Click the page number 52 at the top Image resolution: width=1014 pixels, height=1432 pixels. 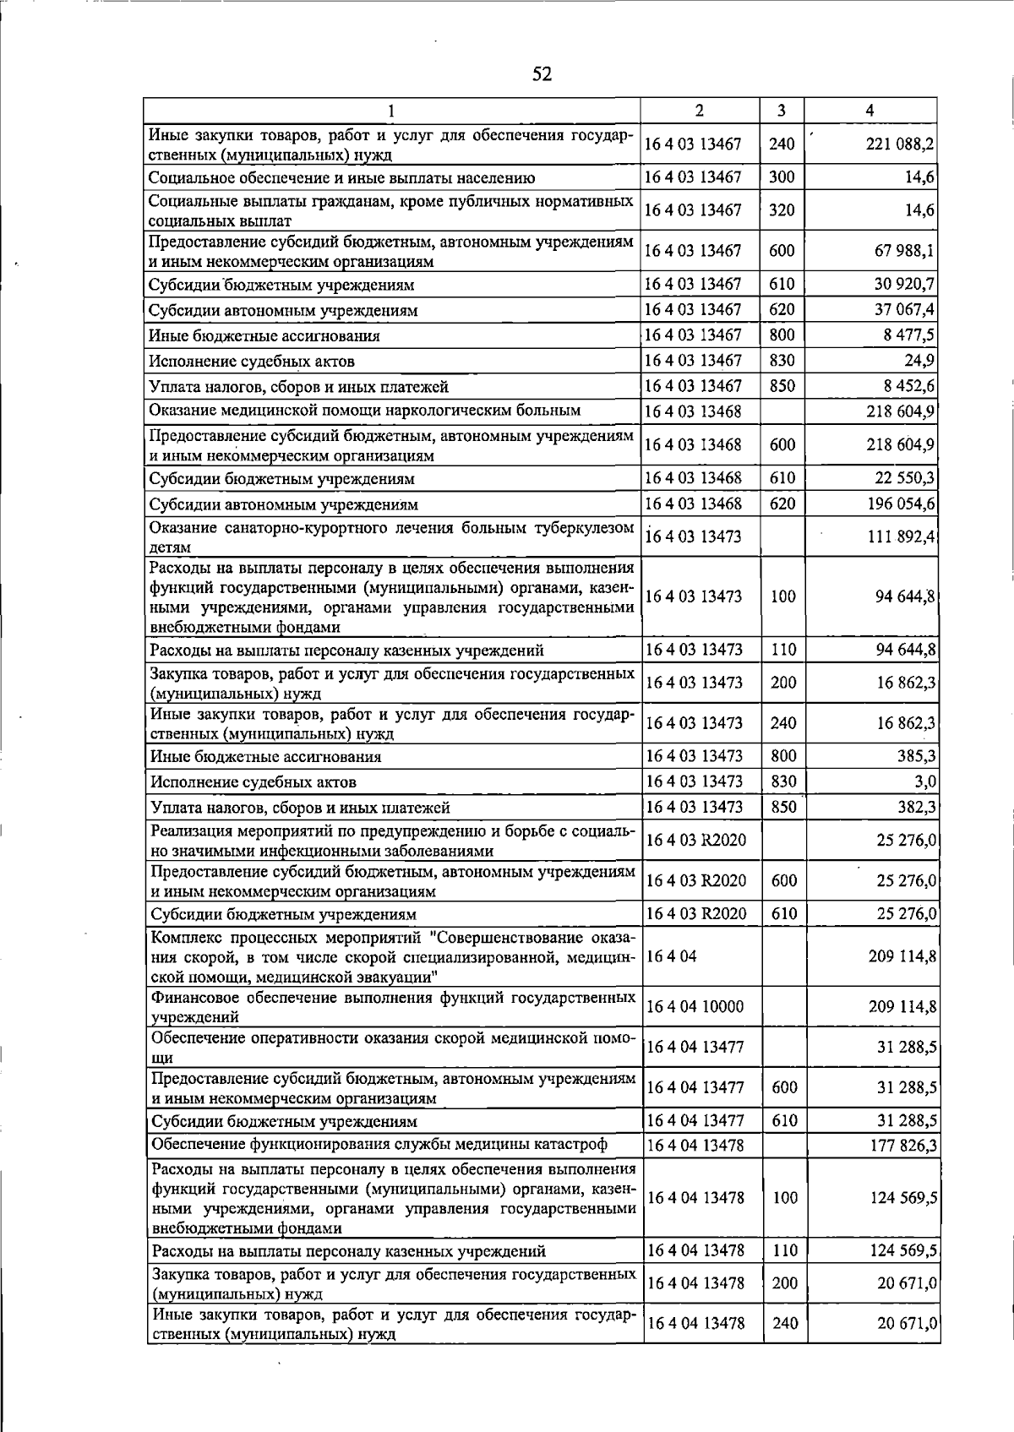coord(542,74)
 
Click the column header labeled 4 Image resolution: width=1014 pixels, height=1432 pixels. coord(870,111)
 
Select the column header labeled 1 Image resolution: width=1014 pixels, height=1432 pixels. coord(391,111)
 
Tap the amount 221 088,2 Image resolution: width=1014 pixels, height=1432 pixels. coord(900,144)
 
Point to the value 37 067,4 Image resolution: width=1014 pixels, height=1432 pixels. coord(904,310)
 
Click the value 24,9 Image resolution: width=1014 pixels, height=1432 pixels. coord(919,361)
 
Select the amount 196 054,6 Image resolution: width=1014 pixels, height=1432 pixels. coord(900,504)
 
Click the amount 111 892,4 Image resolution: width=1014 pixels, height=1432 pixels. coord(900,536)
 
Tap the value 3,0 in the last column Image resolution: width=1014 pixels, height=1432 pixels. coord(924,781)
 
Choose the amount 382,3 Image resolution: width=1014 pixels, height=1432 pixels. coord(917,807)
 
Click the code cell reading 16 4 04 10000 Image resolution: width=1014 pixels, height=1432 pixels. coord(694,1006)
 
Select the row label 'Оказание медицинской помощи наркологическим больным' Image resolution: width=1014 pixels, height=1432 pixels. coord(364,411)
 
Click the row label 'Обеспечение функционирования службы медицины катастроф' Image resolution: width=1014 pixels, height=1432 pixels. coord(379,1145)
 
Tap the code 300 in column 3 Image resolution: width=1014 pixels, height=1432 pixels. coord(782,177)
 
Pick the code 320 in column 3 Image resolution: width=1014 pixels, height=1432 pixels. coord(782,210)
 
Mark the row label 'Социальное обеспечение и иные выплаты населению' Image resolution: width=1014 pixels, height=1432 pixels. coord(341,178)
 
